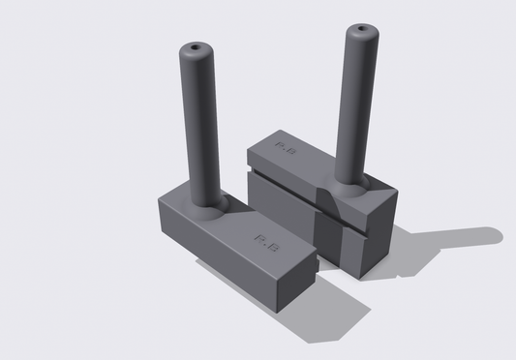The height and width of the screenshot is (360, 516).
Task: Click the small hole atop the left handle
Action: pos(198,45)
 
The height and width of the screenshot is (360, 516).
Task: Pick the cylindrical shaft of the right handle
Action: pos(353,106)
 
